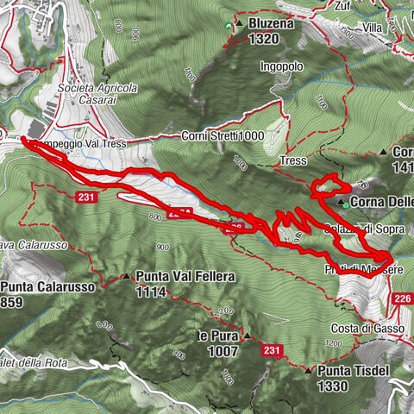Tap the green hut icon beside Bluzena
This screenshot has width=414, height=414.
[229, 26]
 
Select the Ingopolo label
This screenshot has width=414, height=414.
[281, 66]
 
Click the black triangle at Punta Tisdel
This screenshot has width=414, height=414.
[309, 371]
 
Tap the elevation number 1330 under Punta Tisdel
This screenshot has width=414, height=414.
[332, 386]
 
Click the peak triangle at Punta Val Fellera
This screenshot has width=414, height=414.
[127, 278]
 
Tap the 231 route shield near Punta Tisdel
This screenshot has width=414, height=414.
[273, 349]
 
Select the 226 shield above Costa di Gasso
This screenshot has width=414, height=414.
[402, 299]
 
